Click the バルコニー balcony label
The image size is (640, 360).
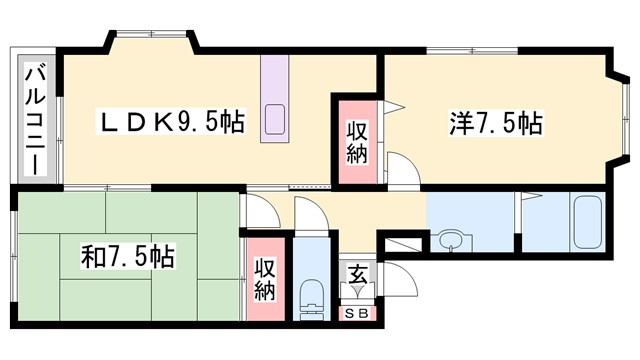[36, 117]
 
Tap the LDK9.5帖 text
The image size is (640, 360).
[170, 124]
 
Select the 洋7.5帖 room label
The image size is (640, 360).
[495, 124]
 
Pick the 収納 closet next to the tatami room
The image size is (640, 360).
[264, 278]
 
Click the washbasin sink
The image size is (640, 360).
[452, 241]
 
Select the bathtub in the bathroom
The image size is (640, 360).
[586, 221]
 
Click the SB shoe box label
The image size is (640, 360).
[357, 313]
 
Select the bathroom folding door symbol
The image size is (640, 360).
[518, 209]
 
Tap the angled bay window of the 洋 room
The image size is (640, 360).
[617, 117]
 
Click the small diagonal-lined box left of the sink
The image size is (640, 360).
[406, 243]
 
